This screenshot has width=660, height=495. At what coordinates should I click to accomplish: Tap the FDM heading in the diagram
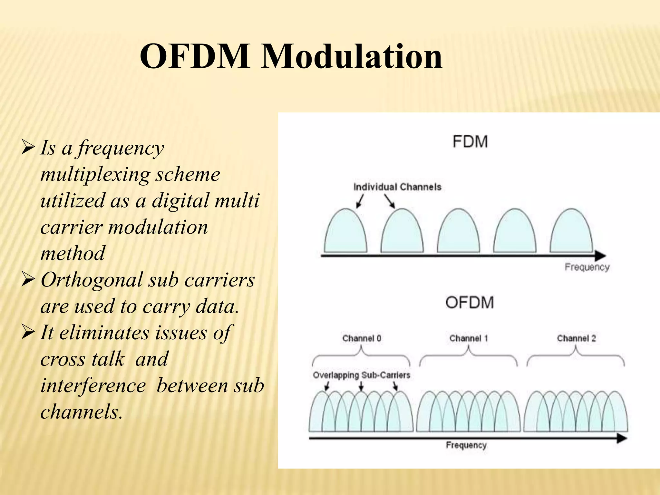[470, 142]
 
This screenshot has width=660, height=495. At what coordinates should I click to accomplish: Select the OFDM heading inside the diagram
[469, 303]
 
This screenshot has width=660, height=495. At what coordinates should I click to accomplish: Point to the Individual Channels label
[397, 187]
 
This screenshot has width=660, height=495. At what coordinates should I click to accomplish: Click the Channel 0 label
[362, 338]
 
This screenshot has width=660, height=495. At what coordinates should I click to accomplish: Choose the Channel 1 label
[469, 338]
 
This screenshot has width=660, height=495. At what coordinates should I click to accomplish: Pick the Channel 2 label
[576, 338]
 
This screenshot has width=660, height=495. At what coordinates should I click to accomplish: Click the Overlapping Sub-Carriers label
[361, 375]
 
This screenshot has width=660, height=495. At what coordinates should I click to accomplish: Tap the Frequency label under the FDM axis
[587, 267]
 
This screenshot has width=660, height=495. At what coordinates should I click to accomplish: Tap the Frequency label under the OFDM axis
[466, 445]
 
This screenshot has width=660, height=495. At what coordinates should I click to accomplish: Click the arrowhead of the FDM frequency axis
[600, 256]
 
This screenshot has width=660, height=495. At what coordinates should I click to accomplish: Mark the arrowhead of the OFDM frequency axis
[622, 438]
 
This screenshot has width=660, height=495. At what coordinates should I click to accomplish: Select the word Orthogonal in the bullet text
[92, 280]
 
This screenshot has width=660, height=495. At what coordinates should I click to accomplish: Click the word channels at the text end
[81, 412]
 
